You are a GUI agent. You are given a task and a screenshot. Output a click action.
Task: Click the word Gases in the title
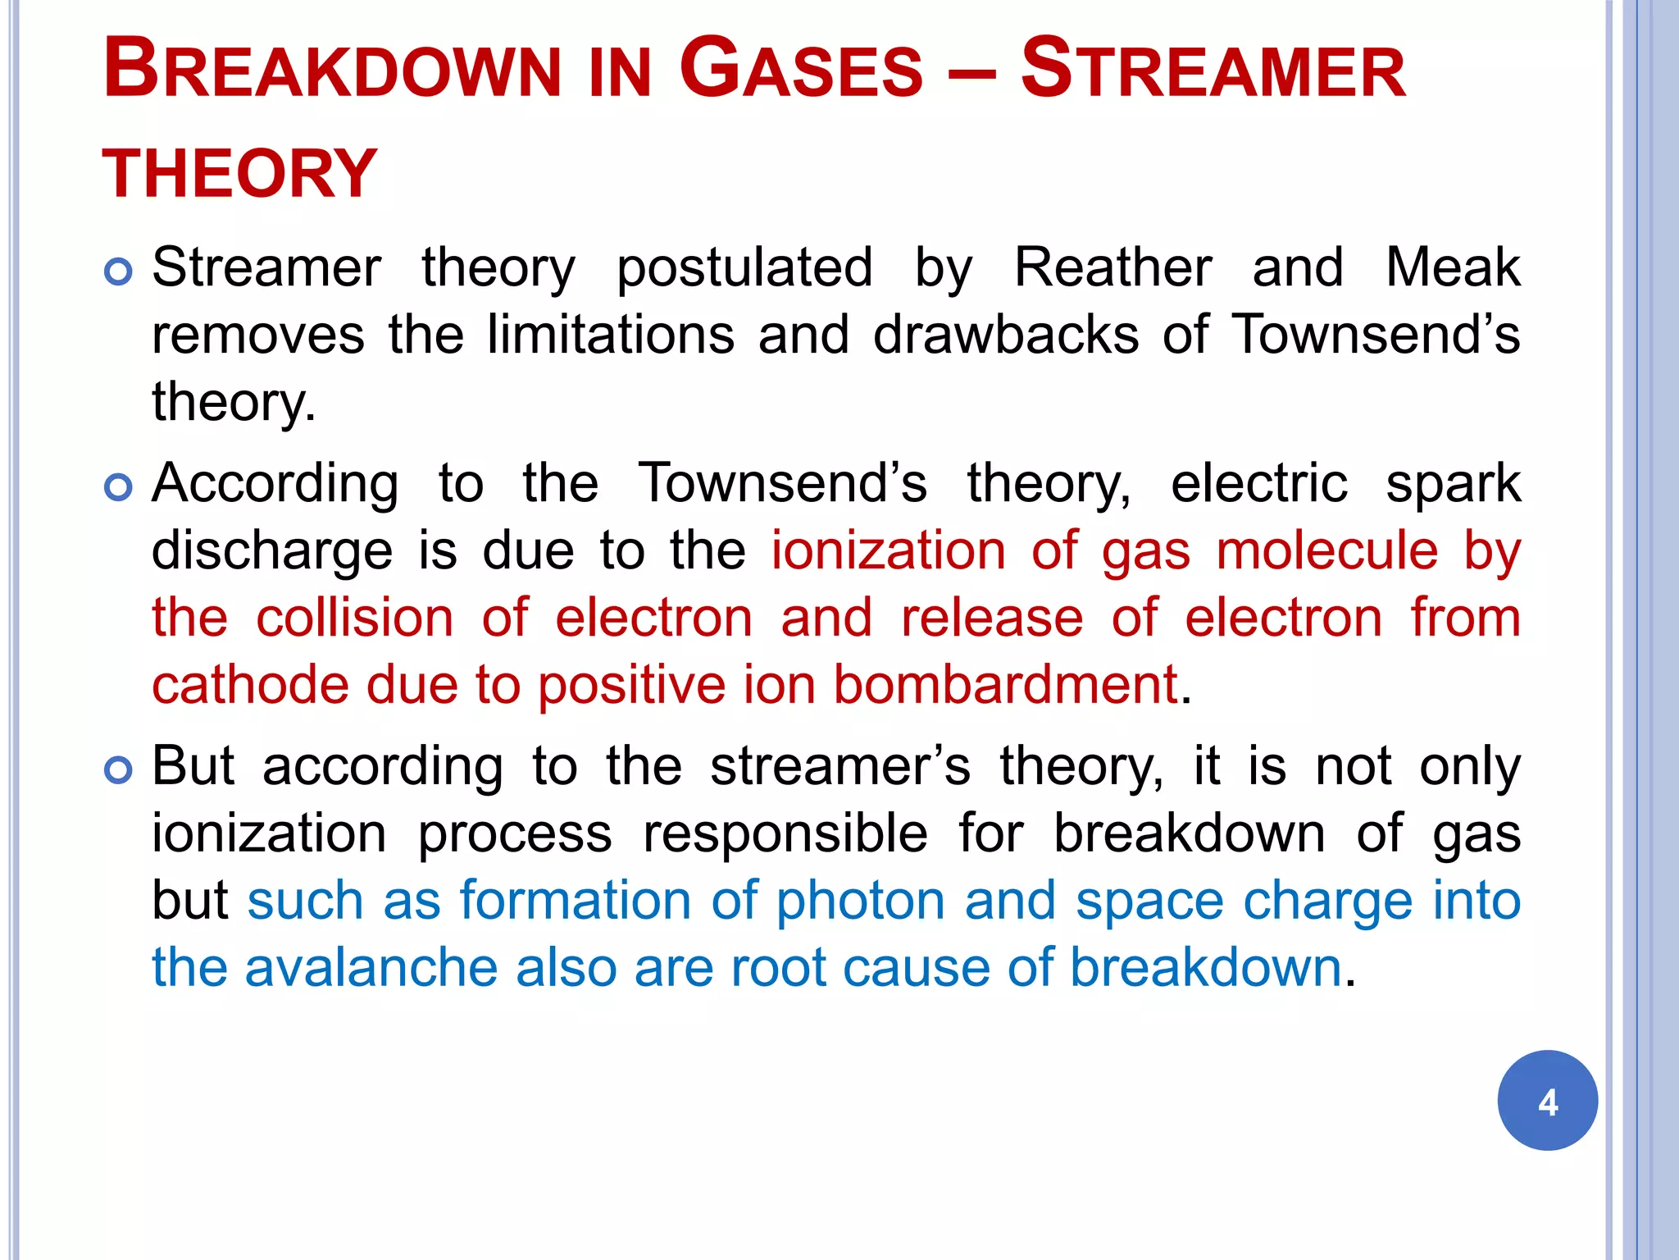(801, 69)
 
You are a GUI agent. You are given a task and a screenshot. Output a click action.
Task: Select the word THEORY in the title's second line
(239, 174)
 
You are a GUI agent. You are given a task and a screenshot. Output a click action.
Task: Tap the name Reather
(1113, 267)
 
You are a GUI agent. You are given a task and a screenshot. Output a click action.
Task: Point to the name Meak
(1453, 267)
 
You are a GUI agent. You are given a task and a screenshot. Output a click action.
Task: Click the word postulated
(744, 269)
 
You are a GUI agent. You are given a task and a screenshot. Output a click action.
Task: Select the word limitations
(610, 335)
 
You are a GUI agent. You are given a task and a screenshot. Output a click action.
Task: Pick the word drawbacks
(1006, 335)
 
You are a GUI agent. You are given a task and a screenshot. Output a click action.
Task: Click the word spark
(1453, 484)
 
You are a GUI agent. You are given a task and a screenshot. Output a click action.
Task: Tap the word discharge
(272, 551)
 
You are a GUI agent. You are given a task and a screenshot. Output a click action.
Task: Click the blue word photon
(860, 902)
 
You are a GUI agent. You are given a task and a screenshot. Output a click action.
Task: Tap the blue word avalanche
(371, 967)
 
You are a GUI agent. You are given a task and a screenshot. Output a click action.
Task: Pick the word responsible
(785, 834)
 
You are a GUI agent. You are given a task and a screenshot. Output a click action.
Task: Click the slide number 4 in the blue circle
(1547, 1101)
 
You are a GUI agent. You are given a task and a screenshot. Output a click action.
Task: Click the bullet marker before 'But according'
(119, 770)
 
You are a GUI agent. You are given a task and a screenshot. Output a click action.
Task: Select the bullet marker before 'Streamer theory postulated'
(119, 272)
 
